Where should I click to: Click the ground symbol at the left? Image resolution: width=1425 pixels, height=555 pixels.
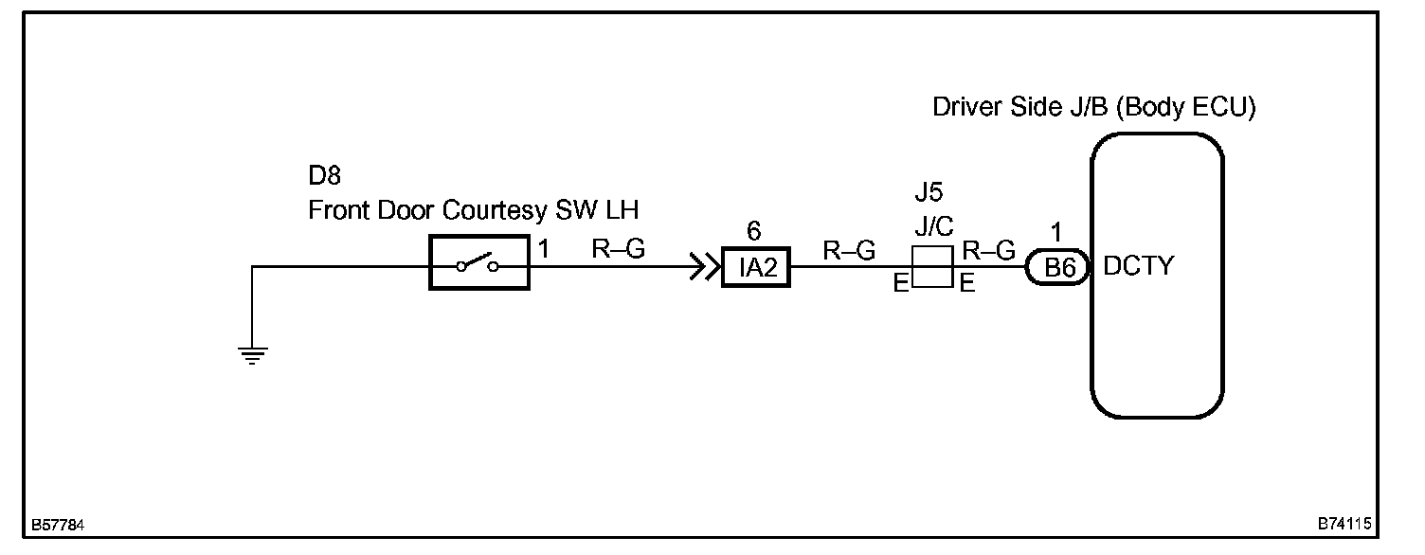253,355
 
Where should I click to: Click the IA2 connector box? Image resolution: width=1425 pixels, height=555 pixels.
755,267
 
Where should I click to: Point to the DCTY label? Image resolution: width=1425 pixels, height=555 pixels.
1138,266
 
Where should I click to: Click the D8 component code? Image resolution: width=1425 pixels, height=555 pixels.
325,176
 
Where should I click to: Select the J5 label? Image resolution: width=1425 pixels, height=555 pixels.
929,193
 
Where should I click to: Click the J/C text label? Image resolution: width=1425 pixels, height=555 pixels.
933,227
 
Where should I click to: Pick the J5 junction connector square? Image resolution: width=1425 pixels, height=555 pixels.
930,267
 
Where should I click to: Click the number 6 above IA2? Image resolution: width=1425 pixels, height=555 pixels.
754,231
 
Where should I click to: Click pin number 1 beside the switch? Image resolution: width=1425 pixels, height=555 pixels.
544,250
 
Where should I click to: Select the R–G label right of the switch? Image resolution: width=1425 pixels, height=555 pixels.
618,249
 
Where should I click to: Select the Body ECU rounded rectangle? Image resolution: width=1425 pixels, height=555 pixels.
1157,275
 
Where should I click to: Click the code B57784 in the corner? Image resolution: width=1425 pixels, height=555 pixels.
59,525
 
